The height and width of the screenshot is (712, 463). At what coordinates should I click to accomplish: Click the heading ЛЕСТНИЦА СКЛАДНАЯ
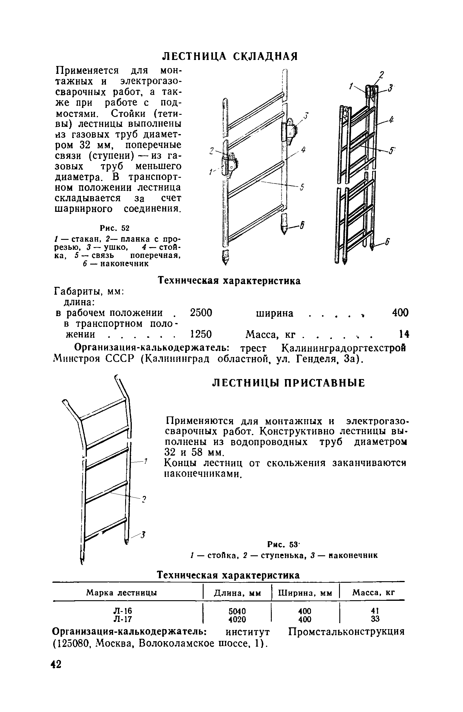[x=230, y=56]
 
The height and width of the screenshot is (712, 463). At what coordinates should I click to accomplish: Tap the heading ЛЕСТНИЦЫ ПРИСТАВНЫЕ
[x=289, y=383]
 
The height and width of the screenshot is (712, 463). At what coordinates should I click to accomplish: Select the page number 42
[x=56, y=681]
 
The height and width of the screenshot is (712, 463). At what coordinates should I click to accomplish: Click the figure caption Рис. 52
[x=114, y=227]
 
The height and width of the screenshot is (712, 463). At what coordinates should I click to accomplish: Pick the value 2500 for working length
[x=201, y=313]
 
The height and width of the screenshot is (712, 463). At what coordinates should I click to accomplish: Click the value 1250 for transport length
[x=201, y=334]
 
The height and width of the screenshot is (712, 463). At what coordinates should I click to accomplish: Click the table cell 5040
[x=237, y=611]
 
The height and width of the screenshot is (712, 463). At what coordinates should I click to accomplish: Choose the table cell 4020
[x=237, y=619]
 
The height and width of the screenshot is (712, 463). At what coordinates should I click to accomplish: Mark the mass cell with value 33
[x=375, y=619]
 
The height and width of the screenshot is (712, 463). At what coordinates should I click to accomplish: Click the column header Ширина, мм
[x=305, y=593]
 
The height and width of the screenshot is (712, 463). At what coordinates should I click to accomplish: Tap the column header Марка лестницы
[x=122, y=593]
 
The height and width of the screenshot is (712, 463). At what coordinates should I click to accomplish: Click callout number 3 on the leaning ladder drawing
[x=144, y=535]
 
